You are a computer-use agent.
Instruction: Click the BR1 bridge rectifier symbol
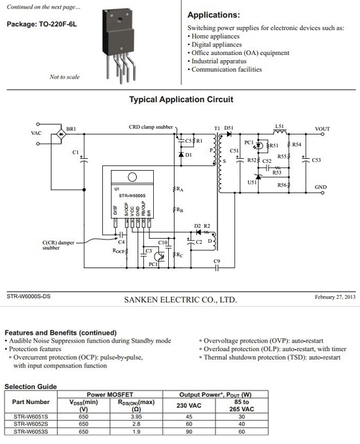click(x=61, y=134)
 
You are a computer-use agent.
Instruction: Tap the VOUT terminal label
click(x=322, y=129)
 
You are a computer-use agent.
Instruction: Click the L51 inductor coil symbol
click(x=279, y=132)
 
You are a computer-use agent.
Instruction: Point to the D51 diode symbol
click(x=228, y=134)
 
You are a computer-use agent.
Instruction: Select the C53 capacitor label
click(x=316, y=160)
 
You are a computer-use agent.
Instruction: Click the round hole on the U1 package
click(x=132, y=177)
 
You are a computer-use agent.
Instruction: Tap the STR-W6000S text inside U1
click(x=132, y=196)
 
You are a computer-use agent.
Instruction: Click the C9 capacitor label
click(x=217, y=261)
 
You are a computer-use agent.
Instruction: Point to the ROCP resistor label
click(x=118, y=251)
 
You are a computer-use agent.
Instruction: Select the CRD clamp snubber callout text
click(x=151, y=127)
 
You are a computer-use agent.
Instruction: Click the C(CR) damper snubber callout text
click(x=58, y=245)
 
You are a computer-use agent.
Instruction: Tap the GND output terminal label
click(x=321, y=187)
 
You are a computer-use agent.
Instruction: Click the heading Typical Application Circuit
click(x=181, y=99)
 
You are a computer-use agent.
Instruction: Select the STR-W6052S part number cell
click(x=31, y=424)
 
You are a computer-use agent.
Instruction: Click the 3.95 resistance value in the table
click(x=136, y=417)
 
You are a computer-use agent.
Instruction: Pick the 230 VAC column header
click(x=189, y=405)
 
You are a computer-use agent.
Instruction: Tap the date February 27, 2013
click(x=335, y=297)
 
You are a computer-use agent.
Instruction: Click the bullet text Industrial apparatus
click(x=219, y=61)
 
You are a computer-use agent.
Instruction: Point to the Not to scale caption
click(x=65, y=77)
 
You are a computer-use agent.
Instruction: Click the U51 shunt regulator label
click(x=252, y=182)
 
